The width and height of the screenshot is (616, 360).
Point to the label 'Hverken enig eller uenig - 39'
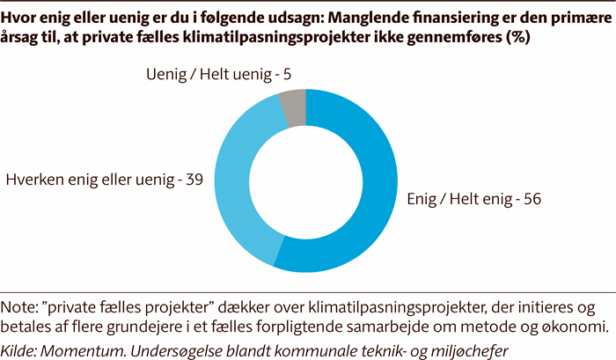pos(105,180)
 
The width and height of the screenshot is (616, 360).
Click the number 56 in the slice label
pos(530,199)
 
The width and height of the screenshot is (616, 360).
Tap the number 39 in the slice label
pos(194,180)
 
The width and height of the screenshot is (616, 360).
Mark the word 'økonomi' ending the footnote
pos(573,327)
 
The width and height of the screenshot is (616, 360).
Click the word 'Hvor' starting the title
pos(21,21)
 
